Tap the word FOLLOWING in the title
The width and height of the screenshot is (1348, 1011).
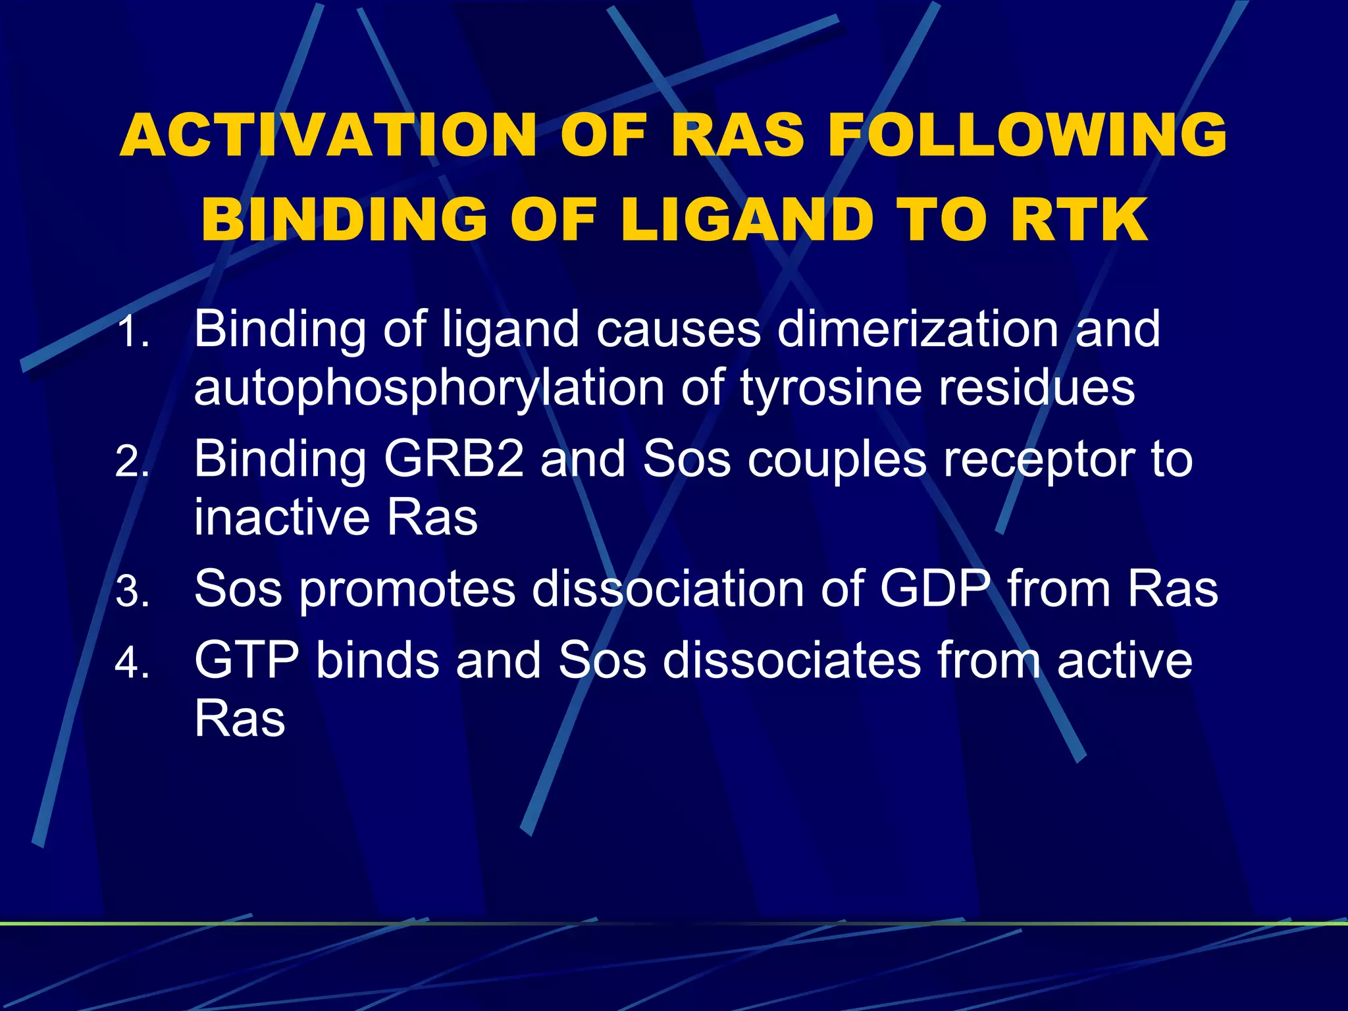pos(1027,135)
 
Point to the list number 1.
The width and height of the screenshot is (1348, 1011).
pos(132,332)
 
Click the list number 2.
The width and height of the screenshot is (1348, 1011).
pos(132,463)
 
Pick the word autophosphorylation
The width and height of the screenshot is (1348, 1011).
pos(428,388)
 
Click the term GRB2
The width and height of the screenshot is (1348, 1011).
pos(454,459)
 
